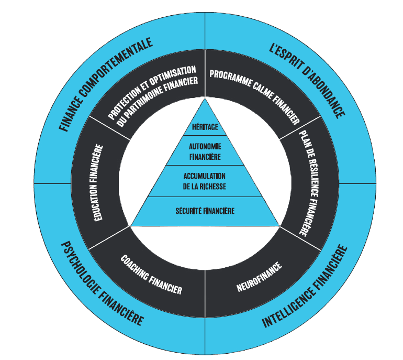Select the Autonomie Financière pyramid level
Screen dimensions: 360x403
pyautogui.click(x=205, y=151)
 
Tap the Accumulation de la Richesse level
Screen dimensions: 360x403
pyautogui.click(x=205, y=181)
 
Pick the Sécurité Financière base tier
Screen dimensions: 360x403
pyautogui.click(x=205, y=211)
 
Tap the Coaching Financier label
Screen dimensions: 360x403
pyautogui.click(x=151, y=275)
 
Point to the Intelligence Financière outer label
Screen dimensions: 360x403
pyautogui.click(x=305, y=287)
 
